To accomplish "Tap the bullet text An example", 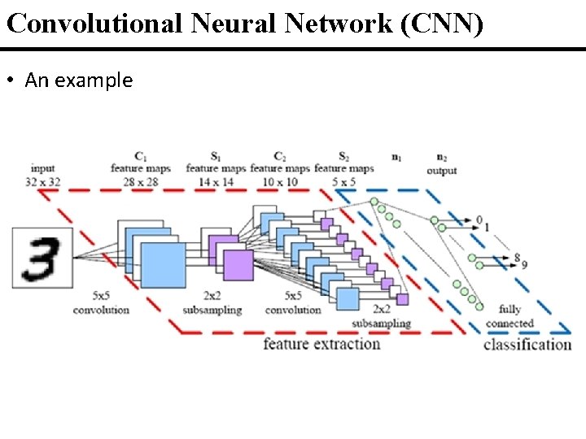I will pos(78,80).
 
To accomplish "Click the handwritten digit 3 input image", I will pos(40,258).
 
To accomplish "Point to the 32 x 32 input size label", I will pos(43,181).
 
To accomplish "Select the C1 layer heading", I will pos(141,155).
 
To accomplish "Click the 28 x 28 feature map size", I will pos(141,181).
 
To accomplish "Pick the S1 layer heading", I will pos(215,155).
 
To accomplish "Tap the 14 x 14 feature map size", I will pos(215,181).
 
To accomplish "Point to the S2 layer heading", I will pos(343,155).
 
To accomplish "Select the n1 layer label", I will pos(396,156).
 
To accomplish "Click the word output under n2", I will pos(442,171).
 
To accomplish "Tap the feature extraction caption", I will pos(321,344).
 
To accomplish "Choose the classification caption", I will pos(527,345).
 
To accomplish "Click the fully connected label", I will pos(509,316).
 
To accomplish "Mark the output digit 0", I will pos(479,219).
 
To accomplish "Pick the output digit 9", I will pos(524,264).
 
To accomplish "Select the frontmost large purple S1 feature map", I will pos(238,265).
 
